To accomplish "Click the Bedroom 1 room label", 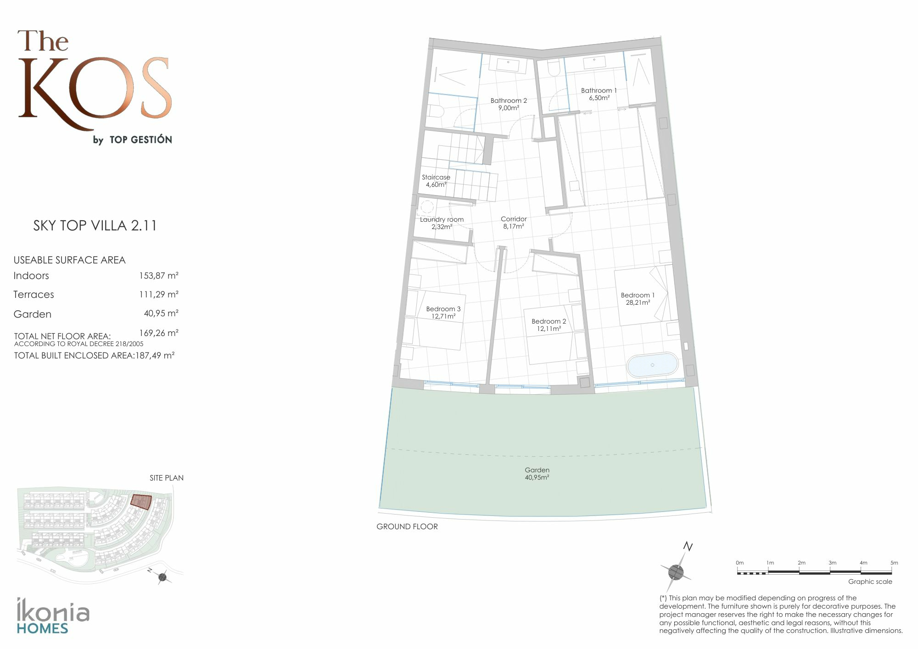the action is (638, 299).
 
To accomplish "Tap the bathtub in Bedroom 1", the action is (652, 365).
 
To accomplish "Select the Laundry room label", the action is (442, 223).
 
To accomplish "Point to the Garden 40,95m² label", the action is (537, 474).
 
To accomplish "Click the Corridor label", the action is (514, 223).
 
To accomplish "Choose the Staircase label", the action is (436, 181).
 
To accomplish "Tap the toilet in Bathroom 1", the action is (554, 69).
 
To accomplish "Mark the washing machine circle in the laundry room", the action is (427, 207).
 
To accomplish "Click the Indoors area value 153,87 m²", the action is (159, 275).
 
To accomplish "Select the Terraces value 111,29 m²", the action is (159, 294).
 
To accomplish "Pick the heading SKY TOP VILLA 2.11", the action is (95, 225).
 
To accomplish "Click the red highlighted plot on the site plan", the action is (141, 501).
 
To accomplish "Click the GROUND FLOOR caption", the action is (407, 526).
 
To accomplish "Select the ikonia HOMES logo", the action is (53, 615).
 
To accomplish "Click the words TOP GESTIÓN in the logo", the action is (140, 140).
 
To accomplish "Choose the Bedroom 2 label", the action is (549, 325).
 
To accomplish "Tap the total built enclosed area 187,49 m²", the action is (155, 355).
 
